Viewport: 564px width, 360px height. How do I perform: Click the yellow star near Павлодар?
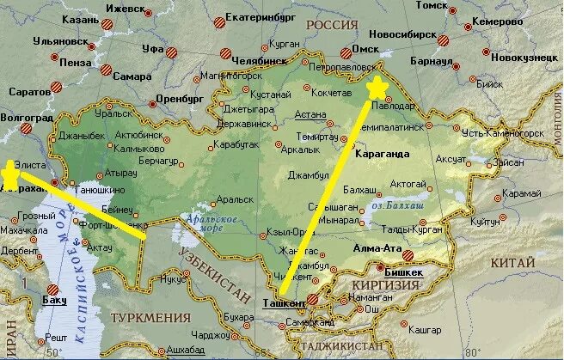tap(377, 88)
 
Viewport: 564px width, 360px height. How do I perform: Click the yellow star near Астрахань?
tap(8, 174)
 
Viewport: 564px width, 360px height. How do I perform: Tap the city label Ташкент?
tap(283, 303)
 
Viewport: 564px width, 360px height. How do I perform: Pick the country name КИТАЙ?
tap(517, 261)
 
